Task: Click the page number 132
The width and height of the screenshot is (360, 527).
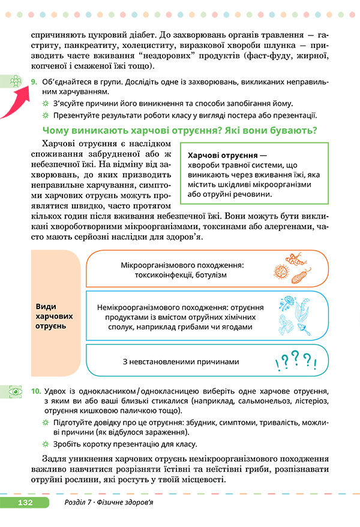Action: coord(26,502)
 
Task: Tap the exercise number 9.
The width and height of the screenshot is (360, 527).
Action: coord(35,81)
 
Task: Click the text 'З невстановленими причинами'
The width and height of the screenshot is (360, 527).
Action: coord(181,362)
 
